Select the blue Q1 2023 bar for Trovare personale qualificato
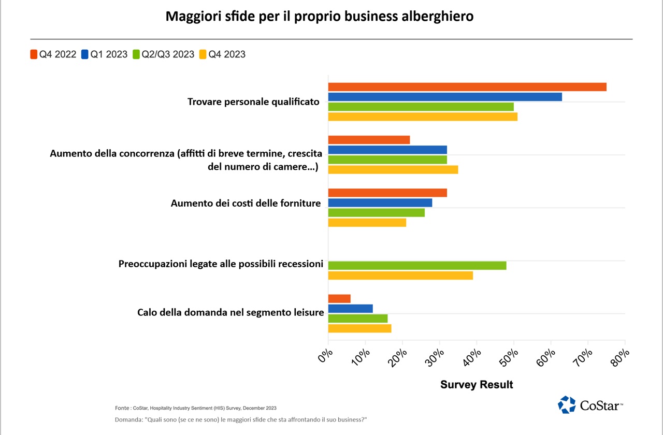(445, 97)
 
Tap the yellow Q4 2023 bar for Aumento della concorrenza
(393, 169)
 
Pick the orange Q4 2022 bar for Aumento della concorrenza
(369, 140)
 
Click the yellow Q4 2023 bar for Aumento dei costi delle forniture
(367, 223)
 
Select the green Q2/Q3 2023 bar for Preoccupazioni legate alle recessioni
(417, 266)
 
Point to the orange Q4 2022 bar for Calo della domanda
(339, 299)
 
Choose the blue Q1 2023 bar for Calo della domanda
(351, 309)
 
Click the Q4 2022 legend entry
(53, 54)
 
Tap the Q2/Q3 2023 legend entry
(164, 54)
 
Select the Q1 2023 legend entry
(104, 54)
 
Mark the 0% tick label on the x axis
(325, 357)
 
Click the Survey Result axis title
(477, 385)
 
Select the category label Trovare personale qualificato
(253, 102)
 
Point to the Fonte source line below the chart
(196, 408)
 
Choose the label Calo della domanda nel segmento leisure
(230, 313)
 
